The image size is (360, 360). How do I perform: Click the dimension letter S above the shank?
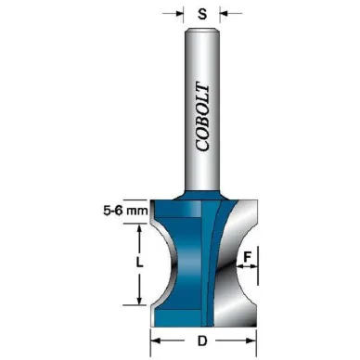(202, 14)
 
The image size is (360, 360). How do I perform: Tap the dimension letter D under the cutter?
(202, 341)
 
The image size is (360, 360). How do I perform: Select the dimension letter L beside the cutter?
(140, 264)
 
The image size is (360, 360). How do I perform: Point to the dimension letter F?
(247, 257)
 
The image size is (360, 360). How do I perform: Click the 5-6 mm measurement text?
(125, 211)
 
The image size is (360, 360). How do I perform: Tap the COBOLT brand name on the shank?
(202, 117)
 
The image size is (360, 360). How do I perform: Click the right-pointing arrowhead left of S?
(180, 14)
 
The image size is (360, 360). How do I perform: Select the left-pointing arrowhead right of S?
(224, 14)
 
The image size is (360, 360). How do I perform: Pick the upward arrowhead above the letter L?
(139, 228)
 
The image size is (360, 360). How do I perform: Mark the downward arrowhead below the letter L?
(139, 301)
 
